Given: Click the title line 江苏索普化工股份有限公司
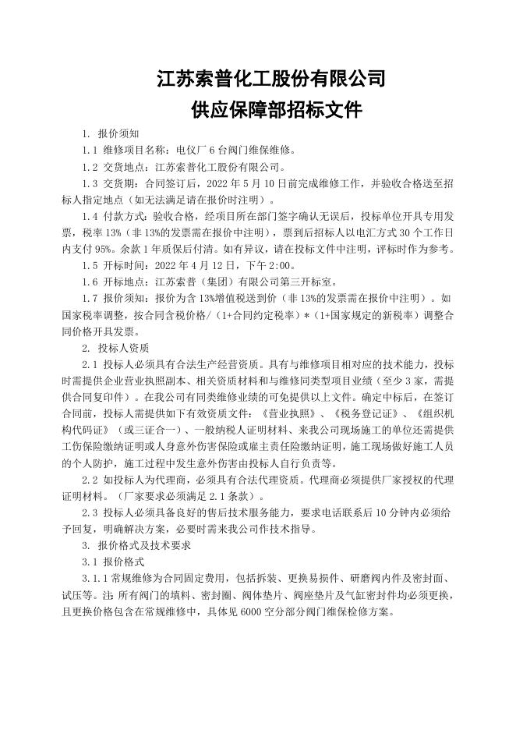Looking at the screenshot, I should pos(270,79).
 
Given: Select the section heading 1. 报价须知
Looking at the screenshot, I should pos(112,134).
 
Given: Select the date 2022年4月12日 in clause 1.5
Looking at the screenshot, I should pos(191,265).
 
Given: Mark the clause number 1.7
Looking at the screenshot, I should pos(90,298).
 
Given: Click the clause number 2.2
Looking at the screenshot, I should pos(90,478).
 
